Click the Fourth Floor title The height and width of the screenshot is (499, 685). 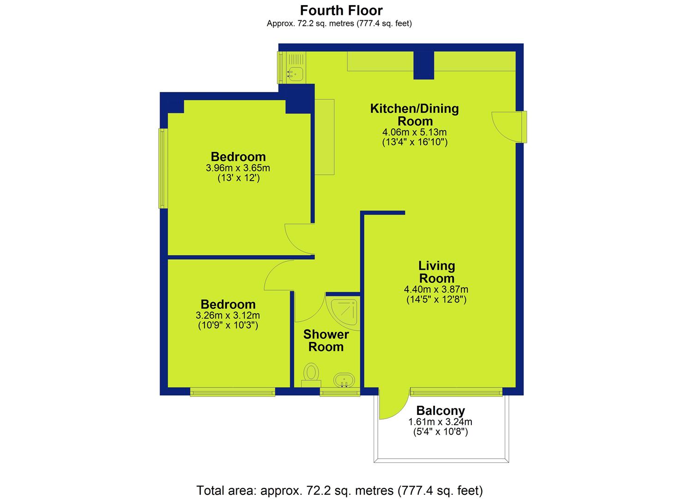pos(341,11)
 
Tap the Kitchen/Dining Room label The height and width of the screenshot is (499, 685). pos(415,115)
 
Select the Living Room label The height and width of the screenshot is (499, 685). pos(437,272)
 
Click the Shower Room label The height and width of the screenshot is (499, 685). pos(326,341)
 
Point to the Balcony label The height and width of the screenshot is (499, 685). pos(441,410)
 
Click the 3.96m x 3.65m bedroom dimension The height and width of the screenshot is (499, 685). pos(238,168)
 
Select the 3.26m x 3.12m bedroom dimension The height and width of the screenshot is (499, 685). pos(228,315)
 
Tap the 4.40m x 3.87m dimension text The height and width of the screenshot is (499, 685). pos(436,289)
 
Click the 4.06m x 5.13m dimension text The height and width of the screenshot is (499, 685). pos(414,132)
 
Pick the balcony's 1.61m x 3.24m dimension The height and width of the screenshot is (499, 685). pos(441,422)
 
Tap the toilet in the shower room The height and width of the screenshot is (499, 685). pos(311,375)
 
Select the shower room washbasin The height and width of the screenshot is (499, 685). pos(344,380)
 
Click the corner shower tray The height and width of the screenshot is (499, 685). pos(343,313)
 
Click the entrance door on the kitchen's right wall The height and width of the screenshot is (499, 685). pos(509,127)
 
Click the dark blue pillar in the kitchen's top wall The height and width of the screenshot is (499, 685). pos(424,65)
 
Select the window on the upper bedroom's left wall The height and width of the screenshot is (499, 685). pos(163,168)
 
